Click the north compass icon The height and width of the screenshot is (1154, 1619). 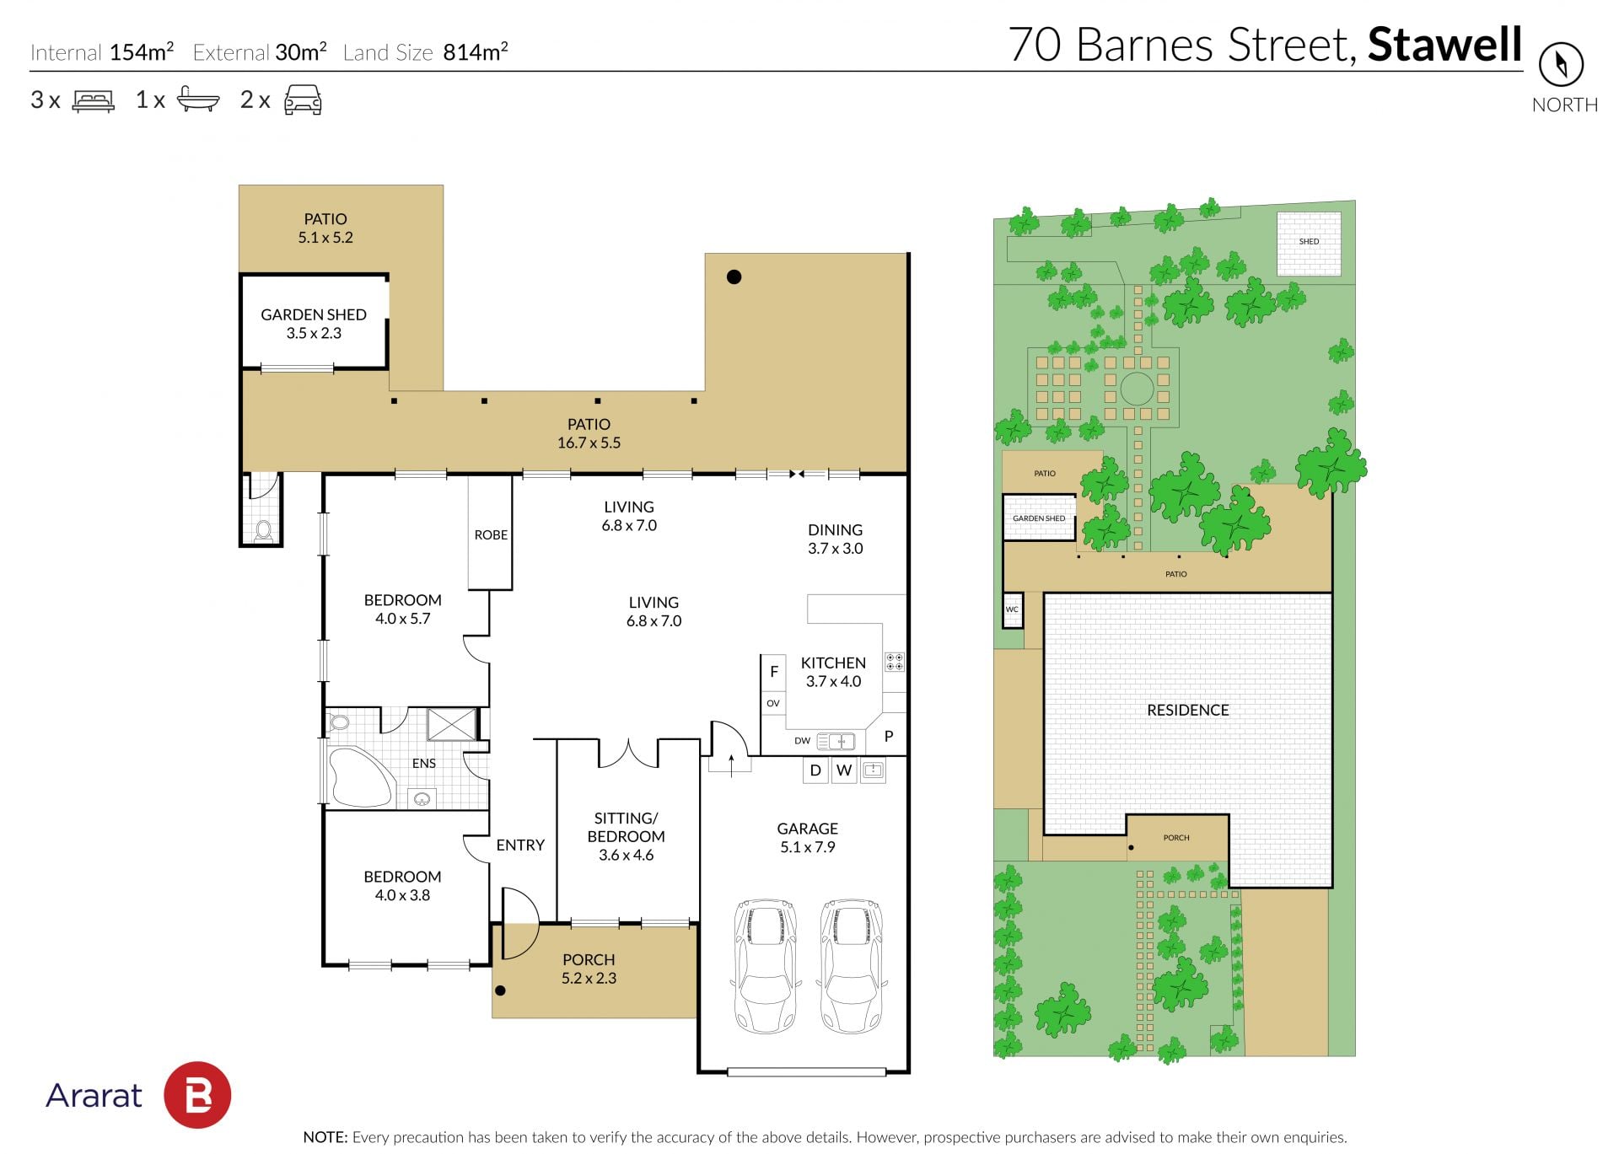point(1561,64)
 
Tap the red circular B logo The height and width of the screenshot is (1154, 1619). point(197,1095)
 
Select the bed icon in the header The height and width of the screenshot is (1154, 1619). point(94,100)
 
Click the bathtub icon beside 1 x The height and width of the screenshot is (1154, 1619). point(198,99)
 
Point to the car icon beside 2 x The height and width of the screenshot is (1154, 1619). point(303,99)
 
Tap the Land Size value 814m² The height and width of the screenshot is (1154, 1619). point(476,51)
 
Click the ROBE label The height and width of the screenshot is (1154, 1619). point(491,534)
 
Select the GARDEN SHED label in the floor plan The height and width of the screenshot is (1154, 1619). point(314,314)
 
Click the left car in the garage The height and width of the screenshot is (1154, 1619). point(766,966)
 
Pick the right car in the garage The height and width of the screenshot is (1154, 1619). point(852,966)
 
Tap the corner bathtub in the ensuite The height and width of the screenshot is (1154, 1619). point(359,777)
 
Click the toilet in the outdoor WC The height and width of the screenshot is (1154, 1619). point(264,529)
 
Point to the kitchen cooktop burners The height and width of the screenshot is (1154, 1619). point(894,662)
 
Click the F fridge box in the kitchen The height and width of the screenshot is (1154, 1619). point(773,672)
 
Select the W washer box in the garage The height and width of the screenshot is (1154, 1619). point(843,770)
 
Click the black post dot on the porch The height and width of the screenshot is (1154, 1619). point(500,990)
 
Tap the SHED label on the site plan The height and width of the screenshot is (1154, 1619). point(1309,241)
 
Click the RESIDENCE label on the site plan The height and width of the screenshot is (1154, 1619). point(1187,710)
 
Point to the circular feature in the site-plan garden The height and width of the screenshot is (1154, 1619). point(1136,389)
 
